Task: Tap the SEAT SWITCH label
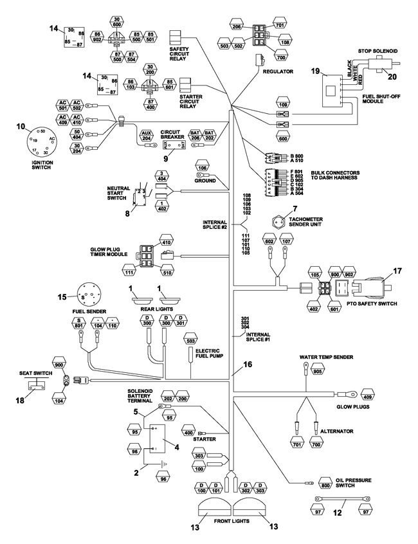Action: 28,372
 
